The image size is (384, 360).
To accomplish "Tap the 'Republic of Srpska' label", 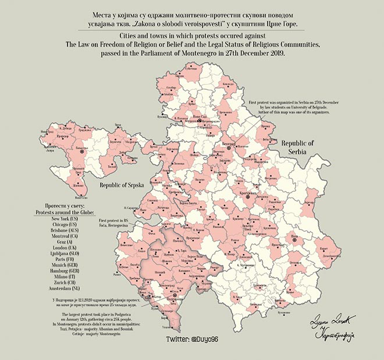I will click(123, 187).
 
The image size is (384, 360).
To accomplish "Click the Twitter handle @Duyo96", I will click(193, 338).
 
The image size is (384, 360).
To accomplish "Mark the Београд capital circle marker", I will click(229, 148).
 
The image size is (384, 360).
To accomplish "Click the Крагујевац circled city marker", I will click(248, 197).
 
